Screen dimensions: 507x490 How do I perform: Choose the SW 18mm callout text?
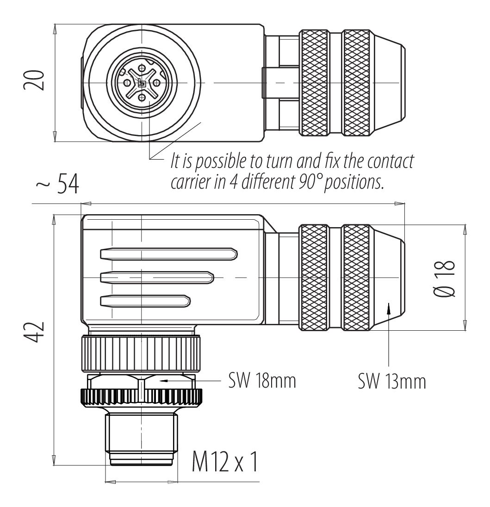tap(262, 381)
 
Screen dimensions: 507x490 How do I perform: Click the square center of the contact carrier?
tap(142, 83)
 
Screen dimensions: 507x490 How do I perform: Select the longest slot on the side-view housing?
tap(168, 253)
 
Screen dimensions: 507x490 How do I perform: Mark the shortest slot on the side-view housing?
tap(145, 301)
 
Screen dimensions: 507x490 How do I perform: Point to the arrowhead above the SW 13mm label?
tap(389, 308)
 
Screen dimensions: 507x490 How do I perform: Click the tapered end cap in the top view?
tap(389, 83)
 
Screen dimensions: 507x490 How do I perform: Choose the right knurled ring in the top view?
tap(357, 83)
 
